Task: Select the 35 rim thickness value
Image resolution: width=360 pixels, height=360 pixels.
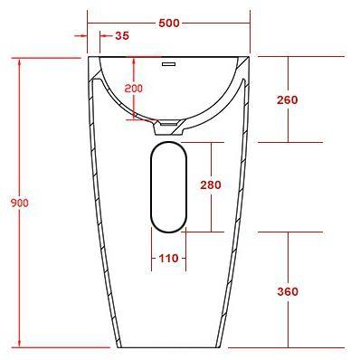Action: coord(122,36)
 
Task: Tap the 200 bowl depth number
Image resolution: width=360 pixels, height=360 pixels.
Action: coord(134,89)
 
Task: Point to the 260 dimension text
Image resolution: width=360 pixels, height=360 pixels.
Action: coord(288,99)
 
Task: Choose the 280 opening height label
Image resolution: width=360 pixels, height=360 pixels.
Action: coord(211,185)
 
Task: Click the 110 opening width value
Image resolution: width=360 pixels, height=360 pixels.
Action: coord(168,259)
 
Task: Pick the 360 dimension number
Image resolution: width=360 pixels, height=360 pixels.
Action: coord(288,291)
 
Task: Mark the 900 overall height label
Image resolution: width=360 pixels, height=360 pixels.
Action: coord(19,203)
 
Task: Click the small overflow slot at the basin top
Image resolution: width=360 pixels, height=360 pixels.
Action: coord(168,64)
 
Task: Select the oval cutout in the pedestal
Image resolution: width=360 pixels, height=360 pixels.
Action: coord(168,185)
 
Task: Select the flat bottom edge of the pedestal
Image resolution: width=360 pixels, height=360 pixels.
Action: coord(168,347)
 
